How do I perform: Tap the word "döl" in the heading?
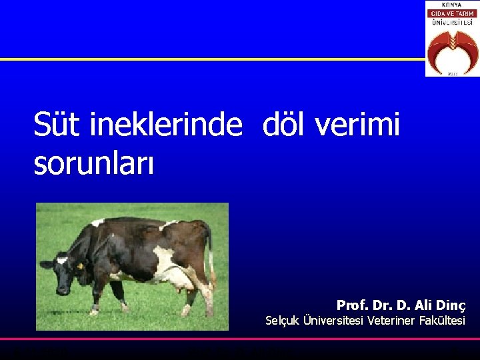click(x=288, y=125)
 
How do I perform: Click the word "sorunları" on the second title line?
click(x=93, y=163)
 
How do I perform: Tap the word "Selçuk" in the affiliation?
click(x=283, y=321)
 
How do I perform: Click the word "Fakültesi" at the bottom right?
click(x=442, y=321)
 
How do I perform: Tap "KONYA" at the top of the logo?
click(x=451, y=5)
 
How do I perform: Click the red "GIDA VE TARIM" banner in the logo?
click(x=451, y=13)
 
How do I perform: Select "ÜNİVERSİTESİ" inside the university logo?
click(x=451, y=22)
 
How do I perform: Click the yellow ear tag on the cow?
click(x=81, y=266)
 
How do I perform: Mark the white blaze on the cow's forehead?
click(x=61, y=261)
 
